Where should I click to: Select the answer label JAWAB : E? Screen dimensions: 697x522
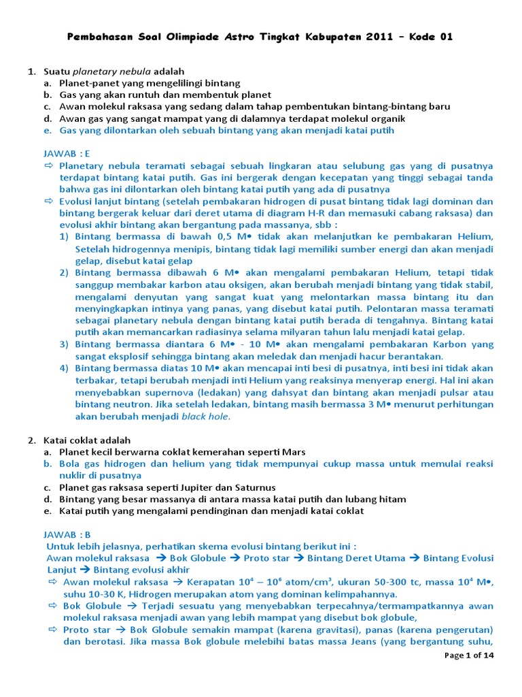[67, 154]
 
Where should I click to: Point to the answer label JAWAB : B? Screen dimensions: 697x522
[67, 534]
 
